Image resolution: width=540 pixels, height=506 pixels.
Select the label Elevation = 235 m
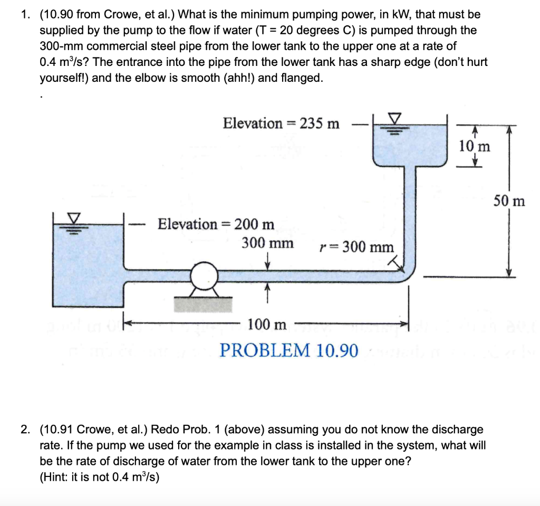pyautogui.click(x=281, y=123)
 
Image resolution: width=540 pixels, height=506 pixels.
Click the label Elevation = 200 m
pyautogui.click(x=216, y=224)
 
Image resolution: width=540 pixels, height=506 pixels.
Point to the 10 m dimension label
pyautogui.click(x=474, y=146)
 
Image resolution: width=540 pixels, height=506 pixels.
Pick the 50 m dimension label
pyautogui.click(x=509, y=201)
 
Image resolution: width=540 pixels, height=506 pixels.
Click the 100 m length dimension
pyautogui.click(x=267, y=324)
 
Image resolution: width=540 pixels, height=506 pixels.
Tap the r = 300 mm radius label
pyautogui.click(x=356, y=247)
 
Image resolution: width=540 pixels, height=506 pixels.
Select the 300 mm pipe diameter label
pyautogui.click(x=268, y=243)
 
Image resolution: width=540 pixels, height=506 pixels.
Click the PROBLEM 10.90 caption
pyautogui.click(x=289, y=350)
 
